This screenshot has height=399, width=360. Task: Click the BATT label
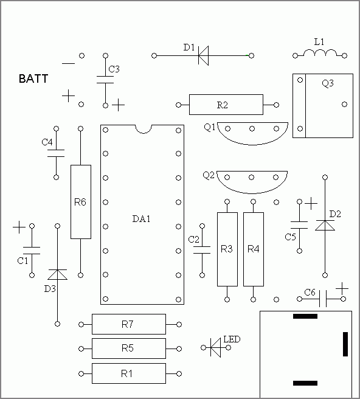[33, 78]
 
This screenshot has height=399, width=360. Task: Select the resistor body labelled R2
[226, 105]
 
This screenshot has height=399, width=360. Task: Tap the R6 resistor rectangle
[81, 202]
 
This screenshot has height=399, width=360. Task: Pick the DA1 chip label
[142, 218]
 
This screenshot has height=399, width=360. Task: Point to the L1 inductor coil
[320, 53]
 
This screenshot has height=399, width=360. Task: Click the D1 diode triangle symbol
[203, 55]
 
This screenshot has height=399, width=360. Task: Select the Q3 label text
[328, 83]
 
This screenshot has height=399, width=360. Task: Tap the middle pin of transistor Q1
[252, 129]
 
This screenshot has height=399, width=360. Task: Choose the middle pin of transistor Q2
[251, 178]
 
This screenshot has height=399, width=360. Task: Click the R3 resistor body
[227, 249]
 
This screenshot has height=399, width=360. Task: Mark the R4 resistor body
[254, 249]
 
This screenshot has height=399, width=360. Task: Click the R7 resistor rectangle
[129, 324]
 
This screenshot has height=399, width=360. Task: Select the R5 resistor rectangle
[129, 349]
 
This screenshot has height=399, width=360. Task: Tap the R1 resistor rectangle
[129, 373]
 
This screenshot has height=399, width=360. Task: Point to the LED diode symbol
[215, 347]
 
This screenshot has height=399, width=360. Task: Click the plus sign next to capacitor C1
[19, 227]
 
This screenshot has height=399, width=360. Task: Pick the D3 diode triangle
[58, 274]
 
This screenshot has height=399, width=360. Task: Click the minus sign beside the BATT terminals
[69, 63]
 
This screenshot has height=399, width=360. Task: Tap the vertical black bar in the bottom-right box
[345, 344]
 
